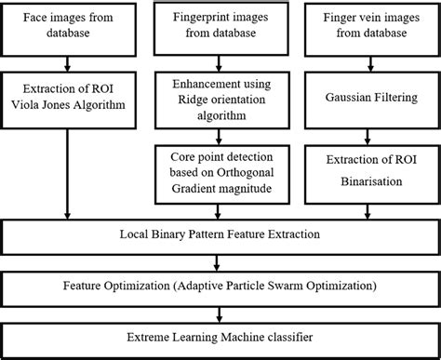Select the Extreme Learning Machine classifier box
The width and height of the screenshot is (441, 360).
(x=220, y=337)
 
